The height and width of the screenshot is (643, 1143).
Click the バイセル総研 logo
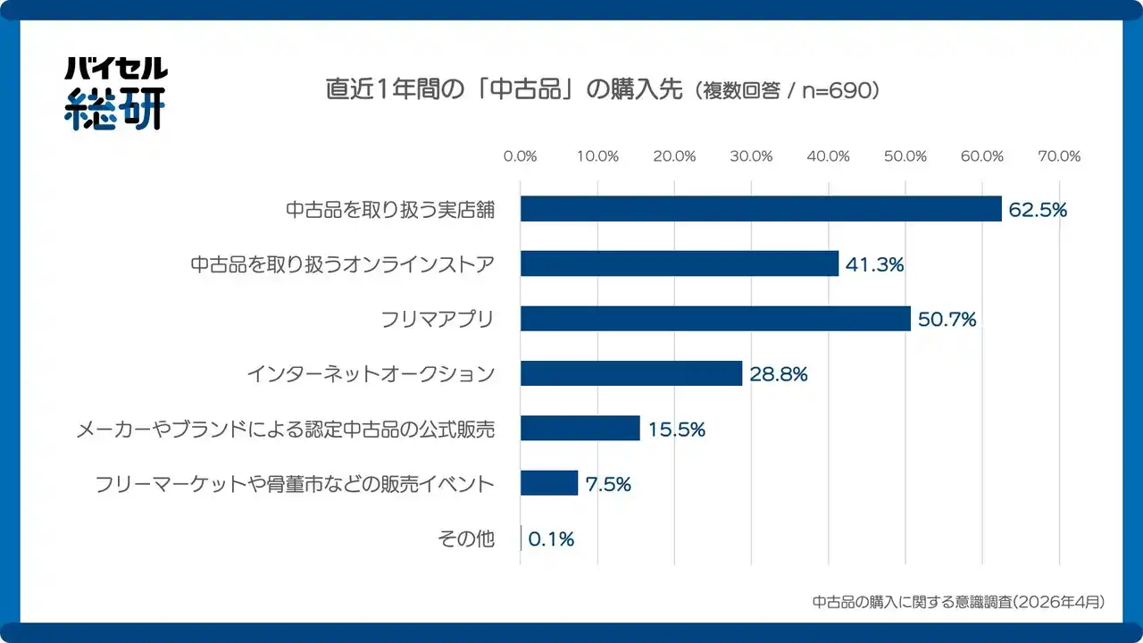115,93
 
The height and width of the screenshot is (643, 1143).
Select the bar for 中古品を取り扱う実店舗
761,209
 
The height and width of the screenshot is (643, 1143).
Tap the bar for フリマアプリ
715,319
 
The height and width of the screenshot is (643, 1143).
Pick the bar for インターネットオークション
631,373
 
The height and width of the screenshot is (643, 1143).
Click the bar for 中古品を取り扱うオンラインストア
680,263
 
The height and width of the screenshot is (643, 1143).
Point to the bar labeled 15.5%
580,428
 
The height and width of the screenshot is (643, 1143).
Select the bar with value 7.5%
549,483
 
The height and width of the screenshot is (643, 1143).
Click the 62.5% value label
1038,210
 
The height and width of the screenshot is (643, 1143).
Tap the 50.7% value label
947,320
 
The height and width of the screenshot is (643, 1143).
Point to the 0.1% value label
551,539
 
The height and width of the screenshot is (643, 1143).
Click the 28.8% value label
778,374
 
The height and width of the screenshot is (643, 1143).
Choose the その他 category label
465,539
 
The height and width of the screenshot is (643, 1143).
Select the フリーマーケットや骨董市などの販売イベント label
295,484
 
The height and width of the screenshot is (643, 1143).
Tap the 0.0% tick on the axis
521,156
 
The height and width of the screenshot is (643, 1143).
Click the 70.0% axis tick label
1059,156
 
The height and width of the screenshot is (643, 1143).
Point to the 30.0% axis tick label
751,156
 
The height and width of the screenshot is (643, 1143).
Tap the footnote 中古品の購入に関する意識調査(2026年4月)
958,602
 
